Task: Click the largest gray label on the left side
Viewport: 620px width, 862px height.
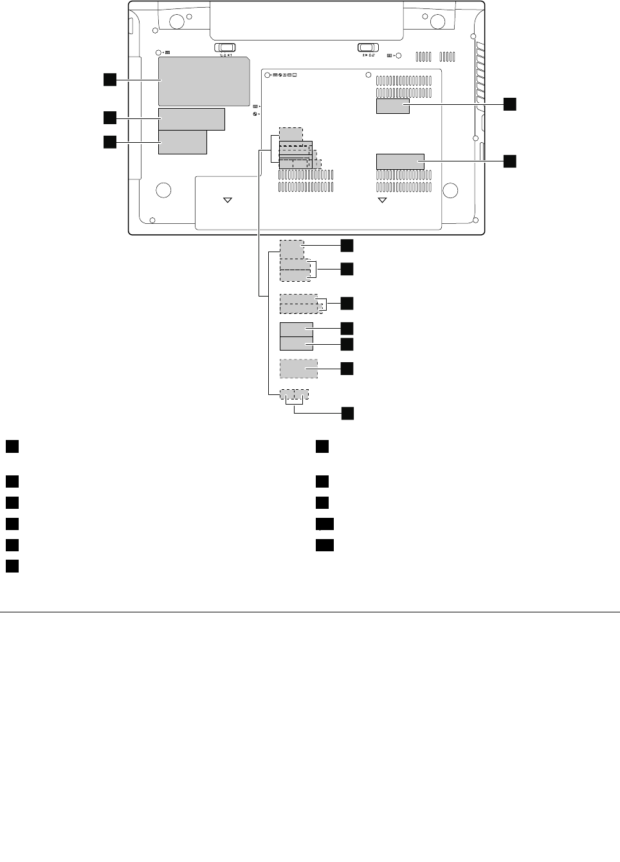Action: tap(204, 81)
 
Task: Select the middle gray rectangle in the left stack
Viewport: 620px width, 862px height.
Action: tap(192, 119)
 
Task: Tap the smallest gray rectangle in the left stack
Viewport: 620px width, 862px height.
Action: tap(183, 142)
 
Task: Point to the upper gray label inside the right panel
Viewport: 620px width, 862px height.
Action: tap(393, 106)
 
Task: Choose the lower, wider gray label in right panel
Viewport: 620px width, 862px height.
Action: tap(400, 161)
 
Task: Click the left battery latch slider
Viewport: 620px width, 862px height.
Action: tap(224, 47)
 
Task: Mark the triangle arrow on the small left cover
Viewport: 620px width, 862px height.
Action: tap(227, 200)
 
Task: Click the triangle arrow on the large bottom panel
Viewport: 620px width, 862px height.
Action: tap(382, 200)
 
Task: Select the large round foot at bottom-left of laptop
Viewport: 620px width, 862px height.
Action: tap(163, 190)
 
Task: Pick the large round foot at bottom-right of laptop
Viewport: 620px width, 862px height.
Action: tap(450, 190)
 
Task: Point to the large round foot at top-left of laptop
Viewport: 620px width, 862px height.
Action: tap(172, 21)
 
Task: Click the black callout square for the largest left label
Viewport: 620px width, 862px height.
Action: tap(110, 79)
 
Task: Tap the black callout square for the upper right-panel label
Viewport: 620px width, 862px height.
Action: tap(509, 104)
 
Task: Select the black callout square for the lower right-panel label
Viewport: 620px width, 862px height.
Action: tap(509, 161)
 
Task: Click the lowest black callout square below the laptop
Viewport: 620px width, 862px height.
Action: tap(347, 413)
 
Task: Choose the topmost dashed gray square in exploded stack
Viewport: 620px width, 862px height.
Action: tap(292, 249)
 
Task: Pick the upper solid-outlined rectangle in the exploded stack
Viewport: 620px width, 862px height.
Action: tap(296, 329)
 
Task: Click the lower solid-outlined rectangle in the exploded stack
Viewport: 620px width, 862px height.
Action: tap(296, 344)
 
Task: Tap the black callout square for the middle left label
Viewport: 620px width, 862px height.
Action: tap(110, 118)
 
